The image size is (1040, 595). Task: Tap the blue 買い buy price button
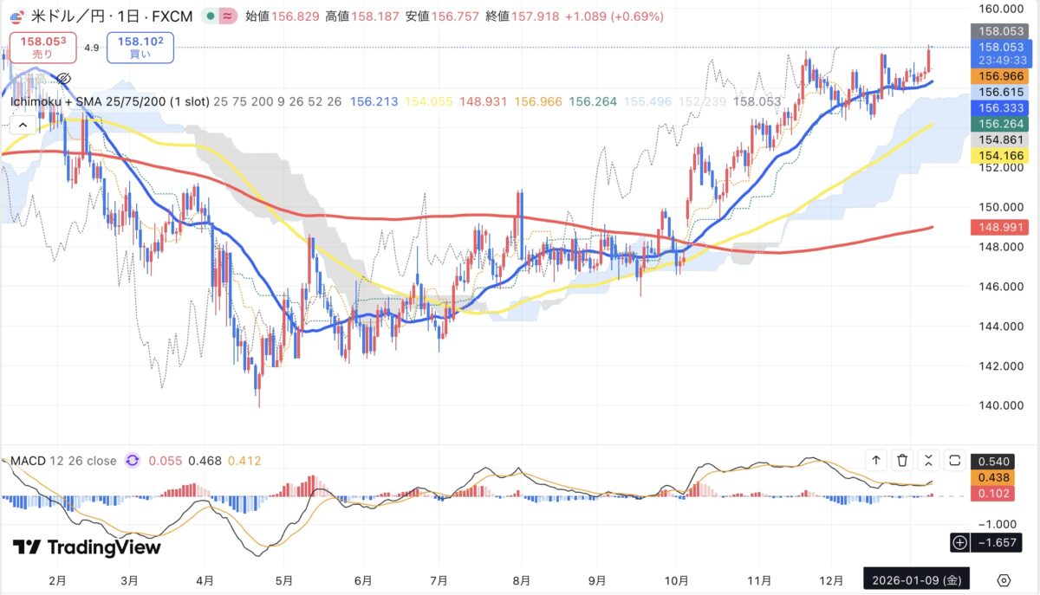coord(140,47)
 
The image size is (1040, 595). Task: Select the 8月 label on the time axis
coord(521,579)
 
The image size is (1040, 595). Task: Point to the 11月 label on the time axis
coord(759,579)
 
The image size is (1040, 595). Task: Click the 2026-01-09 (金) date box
coord(917,579)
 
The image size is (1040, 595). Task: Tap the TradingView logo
coord(87,547)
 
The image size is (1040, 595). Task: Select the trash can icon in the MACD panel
coord(903,461)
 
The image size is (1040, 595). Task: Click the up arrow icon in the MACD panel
coord(876,461)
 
